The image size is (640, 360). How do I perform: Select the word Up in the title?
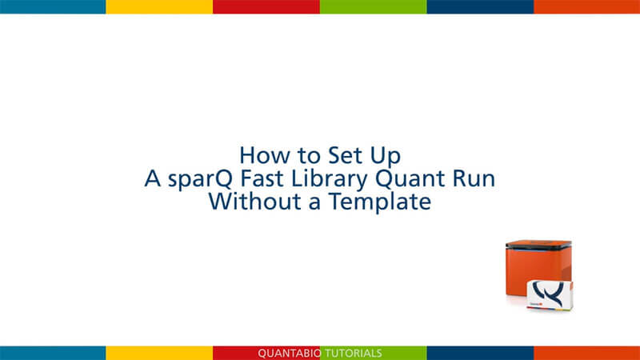click(386, 157)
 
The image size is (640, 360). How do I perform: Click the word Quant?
click(410, 179)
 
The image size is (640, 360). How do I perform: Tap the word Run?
click(474, 179)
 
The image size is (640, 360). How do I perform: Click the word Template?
click(380, 202)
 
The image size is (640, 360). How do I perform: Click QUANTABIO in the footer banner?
click(290, 354)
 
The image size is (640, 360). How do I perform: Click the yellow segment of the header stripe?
click(159, 6)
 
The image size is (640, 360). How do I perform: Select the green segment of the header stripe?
click(374, 6)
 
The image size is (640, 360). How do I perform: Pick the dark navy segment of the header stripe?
click(481, 6)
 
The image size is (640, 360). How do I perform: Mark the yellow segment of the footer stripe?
click(159, 353)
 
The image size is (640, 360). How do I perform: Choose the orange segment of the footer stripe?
click(587, 353)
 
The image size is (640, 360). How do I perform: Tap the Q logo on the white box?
click(550, 293)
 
